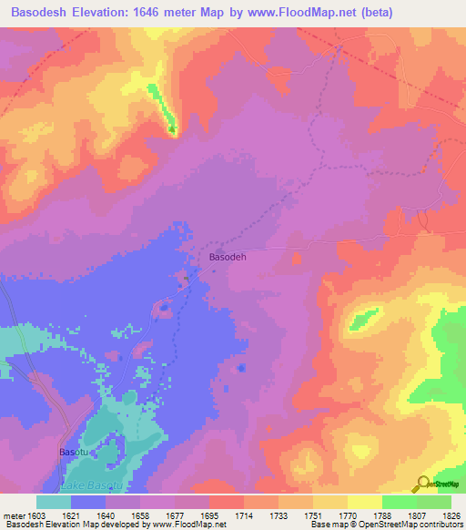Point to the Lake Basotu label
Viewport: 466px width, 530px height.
click(x=91, y=489)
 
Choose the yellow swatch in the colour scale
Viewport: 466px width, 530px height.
click(x=364, y=502)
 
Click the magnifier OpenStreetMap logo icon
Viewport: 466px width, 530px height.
click(x=421, y=484)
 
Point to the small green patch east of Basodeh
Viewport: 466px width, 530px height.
click(x=364, y=319)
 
